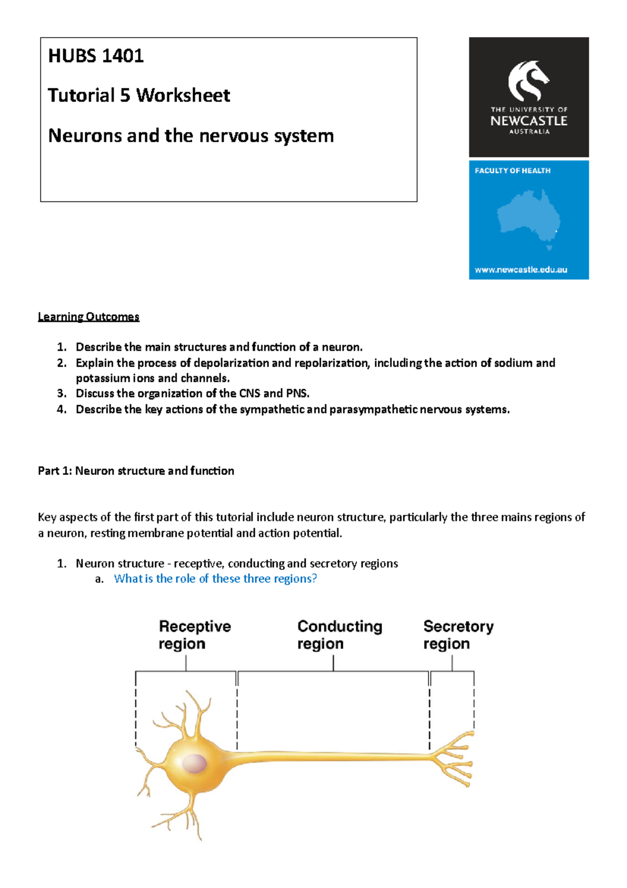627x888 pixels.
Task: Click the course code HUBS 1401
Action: tap(96, 56)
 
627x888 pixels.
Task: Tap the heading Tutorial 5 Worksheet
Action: tap(138, 96)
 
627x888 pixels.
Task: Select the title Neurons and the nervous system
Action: tap(191, 136)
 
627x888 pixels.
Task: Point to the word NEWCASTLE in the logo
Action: tap(528, 121)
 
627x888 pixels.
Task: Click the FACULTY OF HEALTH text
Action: tap(512, 170)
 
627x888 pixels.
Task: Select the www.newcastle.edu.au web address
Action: tap(520, 270)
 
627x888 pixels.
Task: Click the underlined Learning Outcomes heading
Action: tap(88, 317)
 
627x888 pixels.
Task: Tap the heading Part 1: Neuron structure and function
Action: tap(136, 471)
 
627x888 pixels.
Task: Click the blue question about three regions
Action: tap(215, 578)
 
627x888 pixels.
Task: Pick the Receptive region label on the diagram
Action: tap(194, 635)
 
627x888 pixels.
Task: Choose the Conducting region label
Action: tap(340, 635)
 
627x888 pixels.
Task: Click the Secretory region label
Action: tap(458, 635)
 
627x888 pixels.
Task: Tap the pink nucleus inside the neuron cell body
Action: tap(194, 764)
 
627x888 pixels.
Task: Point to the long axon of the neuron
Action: tap(334, 756)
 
